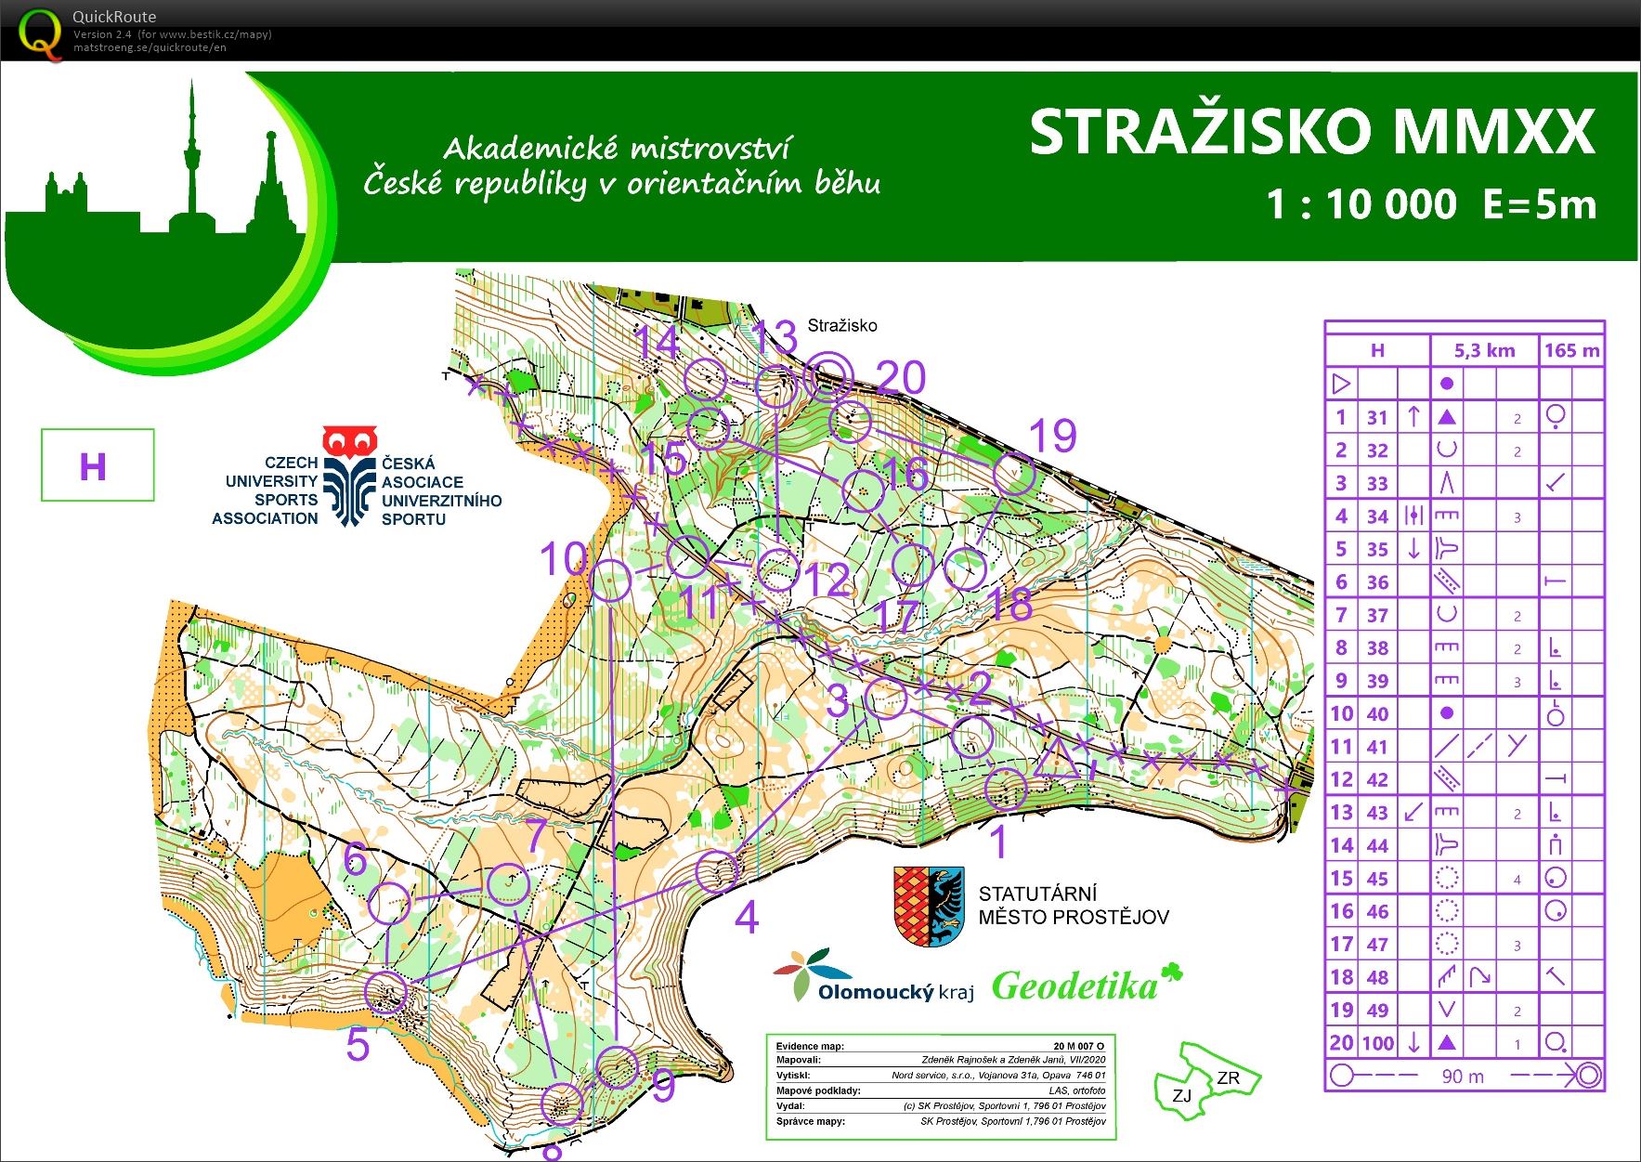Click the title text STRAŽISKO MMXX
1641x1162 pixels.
[x=1311, y=133]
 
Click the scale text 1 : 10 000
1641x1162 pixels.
[x=1361, y=204]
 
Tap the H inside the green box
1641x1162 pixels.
[x=93, y=466]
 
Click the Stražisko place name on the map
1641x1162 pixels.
[x=841, y=325]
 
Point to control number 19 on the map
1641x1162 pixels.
[x=1053, y=436]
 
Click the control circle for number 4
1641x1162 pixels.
[x=718, y=871]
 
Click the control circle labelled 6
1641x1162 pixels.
[x=389, y=903]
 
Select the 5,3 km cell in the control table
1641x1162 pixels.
[x=1484, y=350]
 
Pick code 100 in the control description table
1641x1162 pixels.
[x=1378, y=1043]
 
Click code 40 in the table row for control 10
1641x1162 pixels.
[x=1377, y=713]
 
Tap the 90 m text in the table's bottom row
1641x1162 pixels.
[x=1463, y=1077]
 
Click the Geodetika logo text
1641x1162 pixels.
[x=1075, y=986]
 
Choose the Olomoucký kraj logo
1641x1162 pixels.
[x=873, y=977]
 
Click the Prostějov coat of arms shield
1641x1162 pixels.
[x=928, y=907]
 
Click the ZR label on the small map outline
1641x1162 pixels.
[x=1228, y=1078]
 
